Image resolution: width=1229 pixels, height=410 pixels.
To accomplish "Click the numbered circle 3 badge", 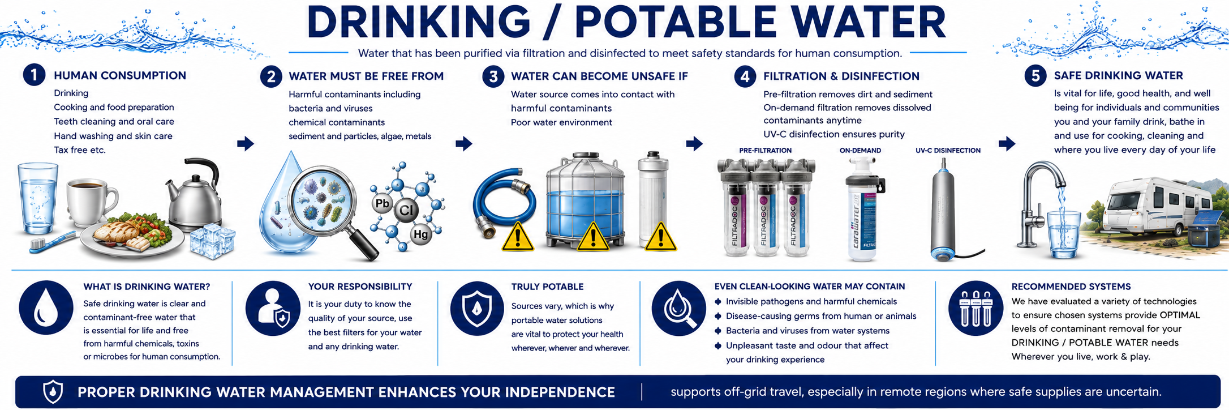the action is coord(493,76).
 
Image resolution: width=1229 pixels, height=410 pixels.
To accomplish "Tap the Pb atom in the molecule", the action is coord(383,204).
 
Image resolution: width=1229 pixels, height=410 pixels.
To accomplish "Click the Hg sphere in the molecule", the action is coord(421,234).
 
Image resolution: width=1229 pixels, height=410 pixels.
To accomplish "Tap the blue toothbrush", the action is coord(53,242).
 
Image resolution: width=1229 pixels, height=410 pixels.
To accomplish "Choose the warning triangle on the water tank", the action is coord(592,237).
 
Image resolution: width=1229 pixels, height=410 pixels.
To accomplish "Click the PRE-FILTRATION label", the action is coord(765,151).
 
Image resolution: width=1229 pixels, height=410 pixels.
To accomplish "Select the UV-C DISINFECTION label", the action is coord(948,151).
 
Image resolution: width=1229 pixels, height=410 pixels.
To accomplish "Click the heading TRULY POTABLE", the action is coord(547,287).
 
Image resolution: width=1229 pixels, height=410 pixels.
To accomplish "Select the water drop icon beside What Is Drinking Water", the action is coord(46,308).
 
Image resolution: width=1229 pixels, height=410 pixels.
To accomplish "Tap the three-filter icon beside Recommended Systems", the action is coord(976,308).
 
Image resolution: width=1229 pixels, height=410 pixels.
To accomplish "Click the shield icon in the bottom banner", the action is coord(53,392).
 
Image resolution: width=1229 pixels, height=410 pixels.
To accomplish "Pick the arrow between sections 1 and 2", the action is coord(246,143).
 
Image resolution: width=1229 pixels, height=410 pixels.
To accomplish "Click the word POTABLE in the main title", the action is coord(676,23).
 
